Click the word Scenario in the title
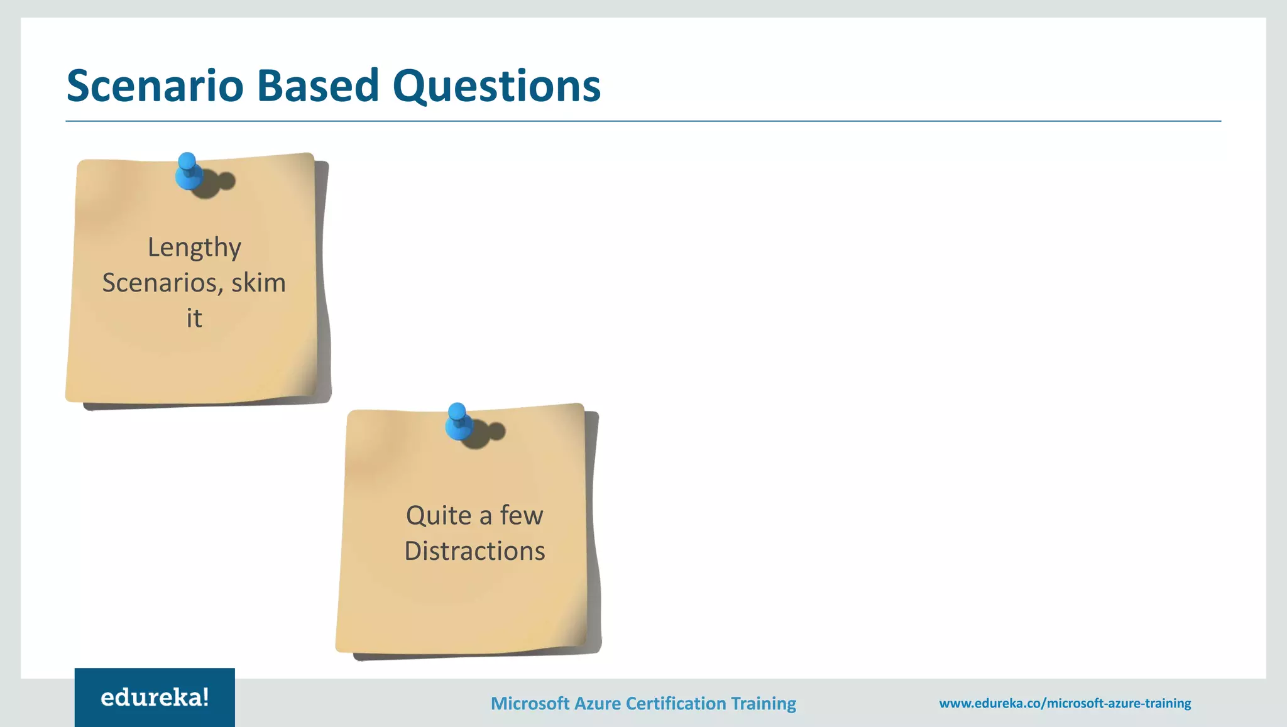pos(155,85)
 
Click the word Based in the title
pos(318,85)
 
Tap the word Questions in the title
pos(496,85)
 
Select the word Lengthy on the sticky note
pos(194,248)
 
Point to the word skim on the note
pos(258,283)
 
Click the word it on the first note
pos(194,319)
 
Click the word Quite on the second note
pos(439,516)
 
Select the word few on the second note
pos(522,516)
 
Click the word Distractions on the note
pos(474,551)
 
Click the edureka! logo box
pos(155,697)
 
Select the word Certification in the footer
pos(676,703)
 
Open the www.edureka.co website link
pos(1065,703)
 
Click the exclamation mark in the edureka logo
pos(205,696)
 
